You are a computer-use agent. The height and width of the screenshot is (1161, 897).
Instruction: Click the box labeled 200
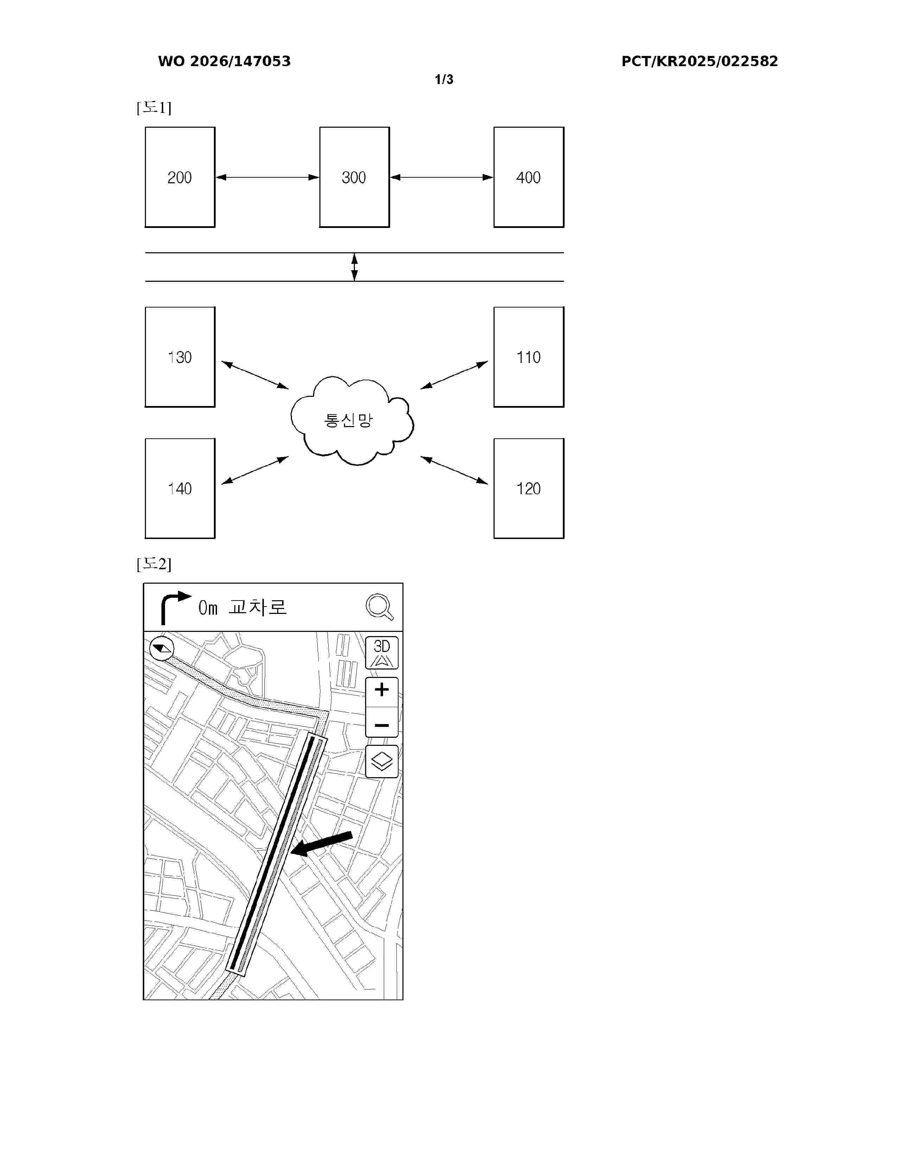click(x=180, y=177)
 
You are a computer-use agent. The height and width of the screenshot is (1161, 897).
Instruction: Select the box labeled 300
click(x=354, y=177)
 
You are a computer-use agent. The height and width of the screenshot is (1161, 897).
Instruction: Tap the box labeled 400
click(x=528, y=177)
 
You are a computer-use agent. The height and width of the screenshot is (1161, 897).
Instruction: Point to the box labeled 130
click(x=180, y=357)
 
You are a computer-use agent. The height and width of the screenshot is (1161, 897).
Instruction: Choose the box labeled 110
click(x=528, y=357)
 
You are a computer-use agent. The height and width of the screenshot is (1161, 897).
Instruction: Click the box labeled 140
click(x=180, y=488)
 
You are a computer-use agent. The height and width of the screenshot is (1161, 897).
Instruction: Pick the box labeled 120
click(x=528, y=488)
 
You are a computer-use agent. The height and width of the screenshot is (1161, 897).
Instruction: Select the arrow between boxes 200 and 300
click(x=267, y=177)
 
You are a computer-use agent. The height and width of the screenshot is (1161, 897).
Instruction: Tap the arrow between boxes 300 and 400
click(x=441, y=177)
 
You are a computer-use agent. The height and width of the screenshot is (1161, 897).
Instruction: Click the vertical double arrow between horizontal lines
click(x=355, y=267)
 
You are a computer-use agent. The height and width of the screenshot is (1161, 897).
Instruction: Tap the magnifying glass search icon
click(x=380, y=607)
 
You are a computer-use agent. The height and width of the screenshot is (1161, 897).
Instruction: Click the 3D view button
click(x=382, y=652)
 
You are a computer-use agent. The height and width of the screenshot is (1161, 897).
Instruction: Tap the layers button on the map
click(x=382, y=761)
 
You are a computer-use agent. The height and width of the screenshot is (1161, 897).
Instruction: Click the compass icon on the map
click(x=161, y=648)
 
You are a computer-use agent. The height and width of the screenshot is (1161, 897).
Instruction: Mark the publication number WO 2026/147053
click(x=224, y=61)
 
